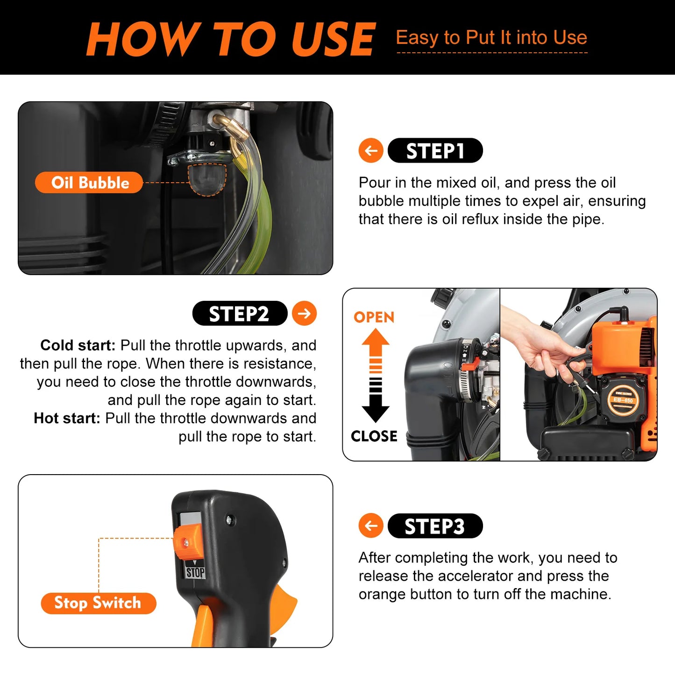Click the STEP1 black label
tap(435, 151)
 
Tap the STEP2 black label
tap(240, 313)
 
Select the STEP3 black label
tap(435, 526)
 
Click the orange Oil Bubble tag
tap(89, 183)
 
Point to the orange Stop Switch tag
tap(98, 603)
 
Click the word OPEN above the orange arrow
tap(374, 317)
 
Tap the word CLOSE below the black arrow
tap(374, 436)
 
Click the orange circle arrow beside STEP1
tap(371, 151)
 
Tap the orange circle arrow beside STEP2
tap(304, 313)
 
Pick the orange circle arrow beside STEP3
tap(371, 526)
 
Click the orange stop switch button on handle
tap(187, 542)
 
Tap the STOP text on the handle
tap(195, 572)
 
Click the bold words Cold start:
tap(78, 345)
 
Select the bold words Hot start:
tap(67, 418)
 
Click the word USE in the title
tap(333, 40)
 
